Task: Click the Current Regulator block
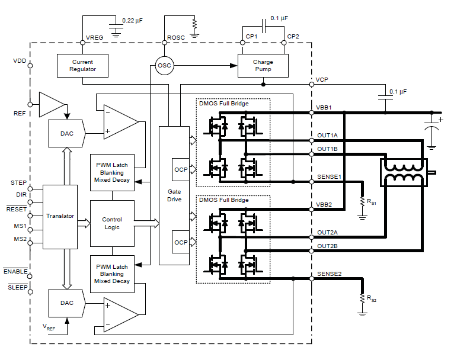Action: click(82, 65)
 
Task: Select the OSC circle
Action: click(165, 65)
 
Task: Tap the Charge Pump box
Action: click(263, 65)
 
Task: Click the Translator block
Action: click(60, 216)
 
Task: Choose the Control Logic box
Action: click(111, 223)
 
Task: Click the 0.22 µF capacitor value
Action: click(132, 21)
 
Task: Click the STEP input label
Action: click(18, 183)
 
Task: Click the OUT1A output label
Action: click(327, 136)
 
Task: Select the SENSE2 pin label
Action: click(329, 274)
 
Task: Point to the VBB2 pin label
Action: click(324, 204)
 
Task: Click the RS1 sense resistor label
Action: click(371, 202)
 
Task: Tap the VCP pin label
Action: click(322, 79)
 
